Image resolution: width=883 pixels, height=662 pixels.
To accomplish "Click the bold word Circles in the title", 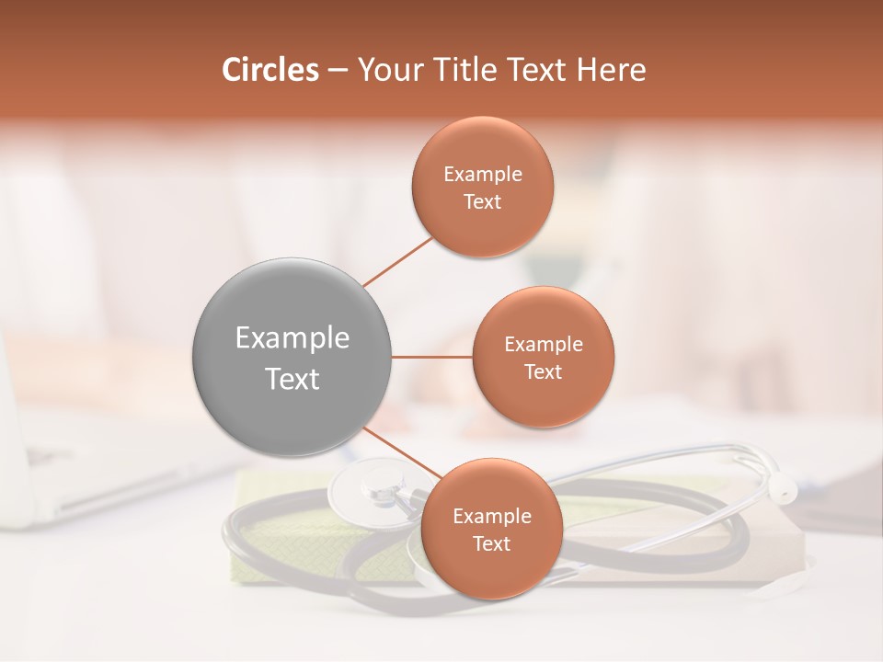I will point(269,70).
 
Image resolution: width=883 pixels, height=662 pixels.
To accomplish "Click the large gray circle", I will point(292,357).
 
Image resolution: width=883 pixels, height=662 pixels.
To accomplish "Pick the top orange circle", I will point(483,187).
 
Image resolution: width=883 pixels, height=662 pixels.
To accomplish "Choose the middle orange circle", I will point(543,357).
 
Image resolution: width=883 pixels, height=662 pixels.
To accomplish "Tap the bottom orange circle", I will point(491,529).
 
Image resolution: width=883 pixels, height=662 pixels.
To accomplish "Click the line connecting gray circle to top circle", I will point(397,262).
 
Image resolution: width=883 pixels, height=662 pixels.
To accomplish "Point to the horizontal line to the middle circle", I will point(431,357).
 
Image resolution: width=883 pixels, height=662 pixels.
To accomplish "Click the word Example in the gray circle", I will point(292,338).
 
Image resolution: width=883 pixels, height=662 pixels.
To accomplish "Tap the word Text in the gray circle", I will point(292,379).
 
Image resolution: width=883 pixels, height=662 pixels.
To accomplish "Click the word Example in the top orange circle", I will point(483,174).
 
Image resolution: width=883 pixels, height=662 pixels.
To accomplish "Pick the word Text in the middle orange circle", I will point(543,371).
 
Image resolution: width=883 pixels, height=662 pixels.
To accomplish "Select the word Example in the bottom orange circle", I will point(491,516).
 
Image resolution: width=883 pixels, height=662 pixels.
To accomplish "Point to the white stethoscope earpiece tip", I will point(783,488).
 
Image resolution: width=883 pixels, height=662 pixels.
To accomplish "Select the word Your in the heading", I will point(384,70).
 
